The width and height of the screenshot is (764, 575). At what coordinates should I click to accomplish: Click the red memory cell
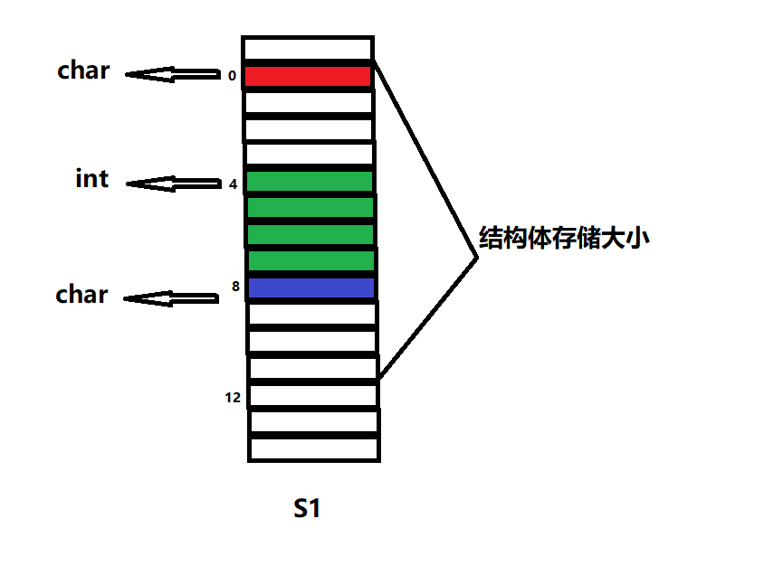click(x=308, y=76)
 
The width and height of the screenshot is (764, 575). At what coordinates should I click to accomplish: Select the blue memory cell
click(x=310, y=288)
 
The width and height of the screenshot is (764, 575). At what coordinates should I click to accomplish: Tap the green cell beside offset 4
click(x=309, y=182)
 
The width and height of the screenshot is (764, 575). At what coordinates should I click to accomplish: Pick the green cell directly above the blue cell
click(x=310, y=261)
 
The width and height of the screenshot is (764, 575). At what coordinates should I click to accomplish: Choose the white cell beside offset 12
click(x=313, y=395)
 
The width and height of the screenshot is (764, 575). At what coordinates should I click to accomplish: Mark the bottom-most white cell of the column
click(x=313, y=448)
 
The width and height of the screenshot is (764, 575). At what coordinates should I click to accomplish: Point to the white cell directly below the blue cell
click(x=312, y=315)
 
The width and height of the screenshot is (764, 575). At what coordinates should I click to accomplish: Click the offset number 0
click(x=232, y=77)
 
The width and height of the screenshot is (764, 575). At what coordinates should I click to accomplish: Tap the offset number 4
click(x=233, y=184)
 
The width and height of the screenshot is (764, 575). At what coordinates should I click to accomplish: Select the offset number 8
click(x=235, y=287)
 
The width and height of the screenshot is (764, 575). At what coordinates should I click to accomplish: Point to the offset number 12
click(x=233, y=397)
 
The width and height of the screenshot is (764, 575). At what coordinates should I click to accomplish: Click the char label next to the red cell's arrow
click(x=83, y=71)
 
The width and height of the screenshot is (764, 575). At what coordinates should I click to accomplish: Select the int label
click(x=91, y=179)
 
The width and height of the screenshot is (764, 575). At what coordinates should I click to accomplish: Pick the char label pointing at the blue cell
click(x=81, y=295)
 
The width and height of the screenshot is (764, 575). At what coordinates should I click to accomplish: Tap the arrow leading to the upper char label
click(x=172, y=74)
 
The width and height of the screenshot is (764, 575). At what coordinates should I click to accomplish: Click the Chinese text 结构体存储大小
click(x=564, y=240)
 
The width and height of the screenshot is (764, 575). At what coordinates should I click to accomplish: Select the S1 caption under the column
click(x=308, y=509)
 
